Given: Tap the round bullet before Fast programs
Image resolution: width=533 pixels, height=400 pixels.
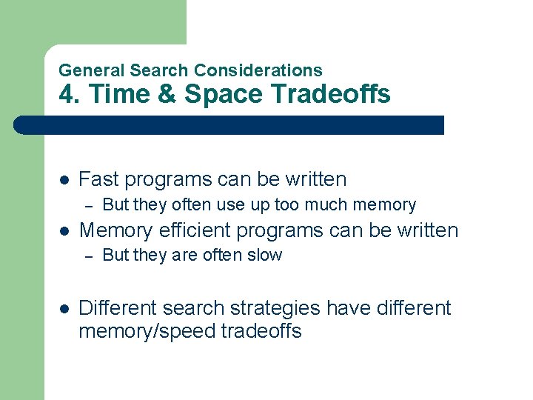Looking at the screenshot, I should [64, 180].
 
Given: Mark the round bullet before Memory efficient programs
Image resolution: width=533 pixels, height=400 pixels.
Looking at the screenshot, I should [64, 231].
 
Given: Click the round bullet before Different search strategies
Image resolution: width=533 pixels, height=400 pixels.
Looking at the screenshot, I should [64, 308].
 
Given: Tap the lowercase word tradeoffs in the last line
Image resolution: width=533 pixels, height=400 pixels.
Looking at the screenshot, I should [261, 331].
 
